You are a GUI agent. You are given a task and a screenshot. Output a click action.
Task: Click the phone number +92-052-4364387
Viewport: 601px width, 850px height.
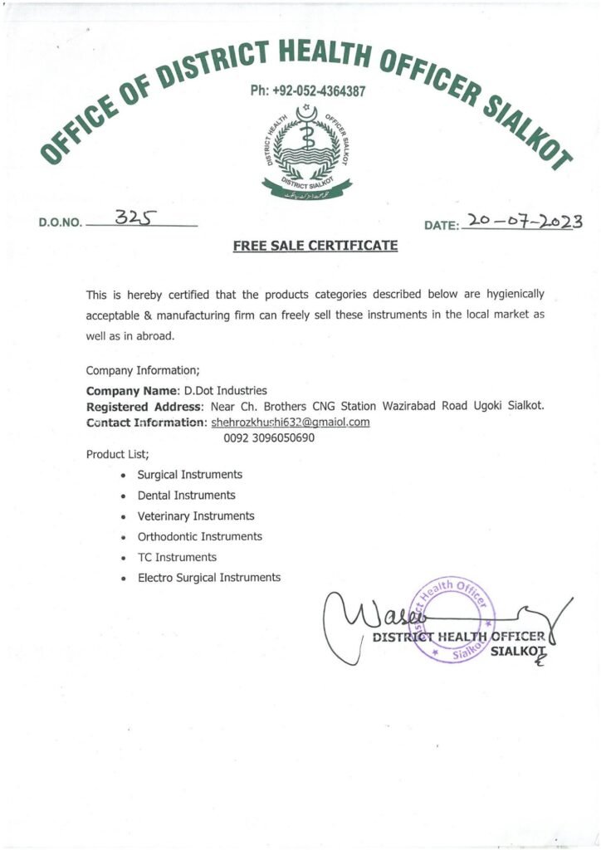[x=307, y=90]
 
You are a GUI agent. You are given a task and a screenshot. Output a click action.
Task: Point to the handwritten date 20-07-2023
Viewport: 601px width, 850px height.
[x=523, y=222]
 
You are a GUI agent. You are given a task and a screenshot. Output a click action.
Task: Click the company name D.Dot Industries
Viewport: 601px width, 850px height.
[x=225, y=390]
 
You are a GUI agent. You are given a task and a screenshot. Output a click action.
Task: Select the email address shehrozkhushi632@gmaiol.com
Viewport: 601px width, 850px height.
[x=291, y=422]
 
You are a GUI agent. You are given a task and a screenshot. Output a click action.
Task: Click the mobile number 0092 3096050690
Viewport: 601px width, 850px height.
[x=269, y=437]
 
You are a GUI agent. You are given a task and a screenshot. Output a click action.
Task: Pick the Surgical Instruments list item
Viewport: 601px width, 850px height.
[x=190, y=475]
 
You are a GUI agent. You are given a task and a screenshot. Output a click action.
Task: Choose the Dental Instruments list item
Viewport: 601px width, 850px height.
[x=186, y=496]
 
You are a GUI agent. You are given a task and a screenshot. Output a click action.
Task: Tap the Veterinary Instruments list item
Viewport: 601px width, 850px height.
[x=196, y=516]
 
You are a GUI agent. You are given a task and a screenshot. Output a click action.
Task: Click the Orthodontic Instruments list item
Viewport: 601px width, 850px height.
[x=199, y=537]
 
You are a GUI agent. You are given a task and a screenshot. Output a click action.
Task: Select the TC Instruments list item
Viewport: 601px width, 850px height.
[x=177, y=557]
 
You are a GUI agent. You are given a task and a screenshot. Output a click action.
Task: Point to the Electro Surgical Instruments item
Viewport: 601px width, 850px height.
[x=209, y=578]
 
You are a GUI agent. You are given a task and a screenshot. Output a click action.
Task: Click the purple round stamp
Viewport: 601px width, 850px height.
[x=448, y=618]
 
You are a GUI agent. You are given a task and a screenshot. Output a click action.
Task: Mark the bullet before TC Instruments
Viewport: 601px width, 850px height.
[x=123, y=558]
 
